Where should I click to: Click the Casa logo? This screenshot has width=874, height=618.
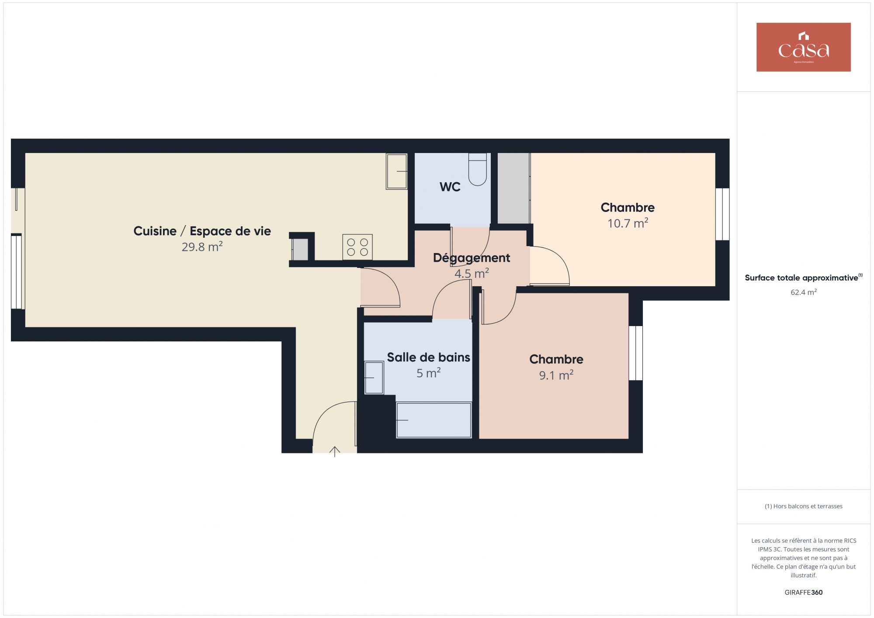click(x=803, y=47)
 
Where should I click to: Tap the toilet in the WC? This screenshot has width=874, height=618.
click(x=477, y=169)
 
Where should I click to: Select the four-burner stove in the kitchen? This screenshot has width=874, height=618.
click(x=357, y=247)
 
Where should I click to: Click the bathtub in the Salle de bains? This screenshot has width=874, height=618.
click(x=434, y=420)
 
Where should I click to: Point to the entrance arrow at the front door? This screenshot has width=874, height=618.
click(x=335, y=451)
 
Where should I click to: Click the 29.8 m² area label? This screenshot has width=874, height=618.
click(x=202, y=247)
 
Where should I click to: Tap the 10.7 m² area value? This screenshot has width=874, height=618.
click(x=628, y=223)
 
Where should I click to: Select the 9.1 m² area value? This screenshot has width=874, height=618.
click(x=556, y=375)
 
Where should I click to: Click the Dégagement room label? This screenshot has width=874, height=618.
click(x=472, y=258)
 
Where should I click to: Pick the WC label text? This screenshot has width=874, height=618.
click(x=450, y=187)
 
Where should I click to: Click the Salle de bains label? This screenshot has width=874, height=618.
click(x=429, y=358)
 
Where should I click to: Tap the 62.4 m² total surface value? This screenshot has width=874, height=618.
click(x=804, y=292)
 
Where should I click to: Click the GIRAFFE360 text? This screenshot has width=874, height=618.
click(x=804, y=593)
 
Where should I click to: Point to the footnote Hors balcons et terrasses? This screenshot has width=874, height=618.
click(x=804, y=506)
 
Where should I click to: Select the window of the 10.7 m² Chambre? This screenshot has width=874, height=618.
click(x=722, y=214)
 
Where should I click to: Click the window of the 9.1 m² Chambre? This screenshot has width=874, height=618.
click(x=636, y=353)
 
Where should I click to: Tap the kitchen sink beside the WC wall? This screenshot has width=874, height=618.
click(x=397, y=171)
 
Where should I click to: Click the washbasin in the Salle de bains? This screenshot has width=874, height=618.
click(x=374, y=378)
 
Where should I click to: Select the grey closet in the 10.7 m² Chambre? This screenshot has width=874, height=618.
click(x=514, y=188)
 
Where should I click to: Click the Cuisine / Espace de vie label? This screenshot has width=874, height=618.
click(x=202, y=231)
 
